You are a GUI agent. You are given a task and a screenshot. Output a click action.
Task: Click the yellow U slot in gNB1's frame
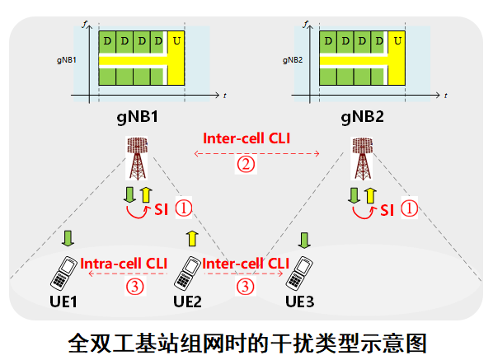coord(176,58)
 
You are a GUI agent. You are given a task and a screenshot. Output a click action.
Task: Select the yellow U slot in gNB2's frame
coord(397,58)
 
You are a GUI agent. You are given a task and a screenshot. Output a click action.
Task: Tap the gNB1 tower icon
coord(137,158)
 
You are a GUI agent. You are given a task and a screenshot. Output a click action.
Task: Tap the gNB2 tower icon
coord(362,158)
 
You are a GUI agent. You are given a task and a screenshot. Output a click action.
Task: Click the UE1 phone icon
coord(63,273)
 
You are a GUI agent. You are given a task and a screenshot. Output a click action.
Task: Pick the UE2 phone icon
coord(187,273)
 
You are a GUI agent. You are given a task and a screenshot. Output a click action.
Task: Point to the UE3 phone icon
coord(299,273)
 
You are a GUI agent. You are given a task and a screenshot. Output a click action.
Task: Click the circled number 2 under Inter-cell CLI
coord(246,164)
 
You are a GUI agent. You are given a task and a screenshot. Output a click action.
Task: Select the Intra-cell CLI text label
coord(124,264)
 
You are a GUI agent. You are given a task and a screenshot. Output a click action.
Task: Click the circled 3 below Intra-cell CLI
coord(135,287)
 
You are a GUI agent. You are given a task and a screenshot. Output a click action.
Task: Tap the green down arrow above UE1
coord(68,238)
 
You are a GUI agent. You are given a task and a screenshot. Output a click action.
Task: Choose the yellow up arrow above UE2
coord(192,238)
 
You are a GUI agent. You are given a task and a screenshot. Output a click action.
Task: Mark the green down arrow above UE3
coord(304,240)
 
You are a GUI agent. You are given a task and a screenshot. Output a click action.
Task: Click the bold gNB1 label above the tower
coord(138,117)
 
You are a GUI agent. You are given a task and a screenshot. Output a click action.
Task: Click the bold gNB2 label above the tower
coord(362,117)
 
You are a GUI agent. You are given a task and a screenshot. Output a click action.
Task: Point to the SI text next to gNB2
coord(387,210)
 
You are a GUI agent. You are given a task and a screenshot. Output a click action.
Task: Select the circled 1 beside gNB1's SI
coord(183,208)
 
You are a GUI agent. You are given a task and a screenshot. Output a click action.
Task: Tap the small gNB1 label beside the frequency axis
coord(66,60)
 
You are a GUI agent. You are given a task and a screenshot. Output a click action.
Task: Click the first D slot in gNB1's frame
coord(107,42)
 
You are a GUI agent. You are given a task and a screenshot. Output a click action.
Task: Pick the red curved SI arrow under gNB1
coord(138,217)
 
